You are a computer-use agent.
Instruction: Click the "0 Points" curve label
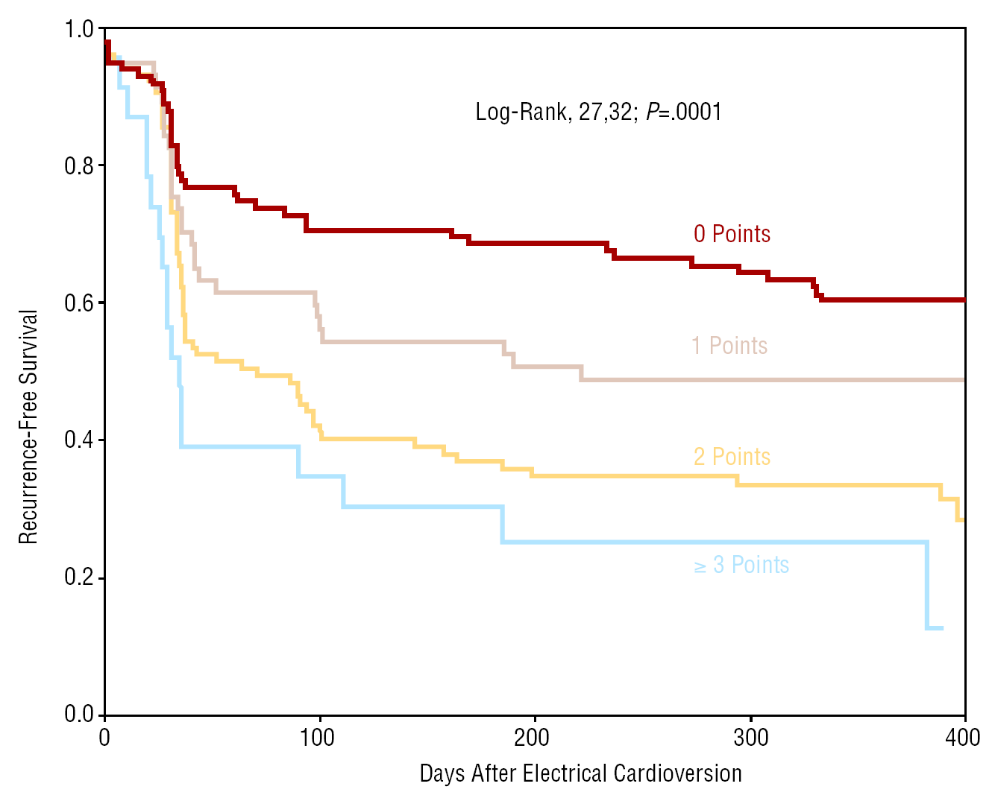point(731,234)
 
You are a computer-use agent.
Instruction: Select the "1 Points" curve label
point(729,346)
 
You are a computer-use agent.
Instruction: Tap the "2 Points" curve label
point(731,457)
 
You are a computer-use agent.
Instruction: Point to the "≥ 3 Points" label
point(741,565)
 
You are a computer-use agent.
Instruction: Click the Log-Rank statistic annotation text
point(598,112)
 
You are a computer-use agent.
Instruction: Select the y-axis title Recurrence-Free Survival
point(28,427)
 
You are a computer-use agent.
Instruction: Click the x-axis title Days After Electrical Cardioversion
point(580,773)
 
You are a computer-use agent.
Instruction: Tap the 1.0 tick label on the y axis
point(79,30)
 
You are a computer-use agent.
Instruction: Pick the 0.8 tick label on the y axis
point(79,166)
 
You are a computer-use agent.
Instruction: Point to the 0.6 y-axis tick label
point(79,303)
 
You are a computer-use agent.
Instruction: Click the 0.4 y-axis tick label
point(79,440)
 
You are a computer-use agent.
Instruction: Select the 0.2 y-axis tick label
point(79,577)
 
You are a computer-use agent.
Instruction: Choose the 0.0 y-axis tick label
point(79,715)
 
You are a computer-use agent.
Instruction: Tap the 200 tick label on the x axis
point(532,738)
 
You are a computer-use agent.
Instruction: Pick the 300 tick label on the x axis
point(750,738)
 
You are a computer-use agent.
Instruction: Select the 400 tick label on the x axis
point(962,738)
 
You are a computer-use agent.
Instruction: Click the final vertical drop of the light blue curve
point(927,586)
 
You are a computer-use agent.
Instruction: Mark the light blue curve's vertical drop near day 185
point(502,525)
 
